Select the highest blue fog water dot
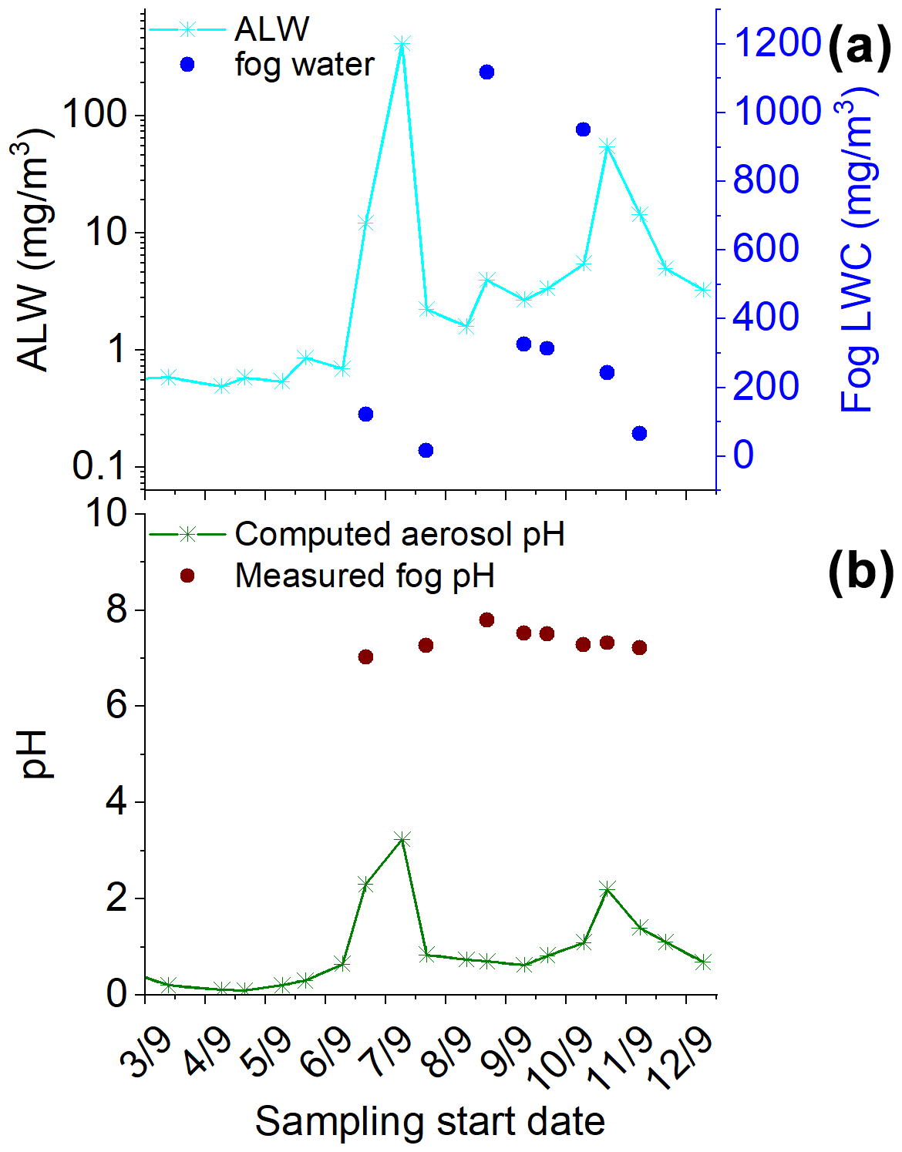point(486,72)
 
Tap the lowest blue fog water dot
point(426,450)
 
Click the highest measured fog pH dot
point(486,620)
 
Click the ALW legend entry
point(271,29)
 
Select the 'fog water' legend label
point(305,65)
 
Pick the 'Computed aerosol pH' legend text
point(399,534)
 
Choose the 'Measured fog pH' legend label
point(364,576)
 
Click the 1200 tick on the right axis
point(776,42)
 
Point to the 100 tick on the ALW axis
point(94,116)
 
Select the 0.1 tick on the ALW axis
point(99,466)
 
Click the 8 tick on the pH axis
point(116,610)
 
